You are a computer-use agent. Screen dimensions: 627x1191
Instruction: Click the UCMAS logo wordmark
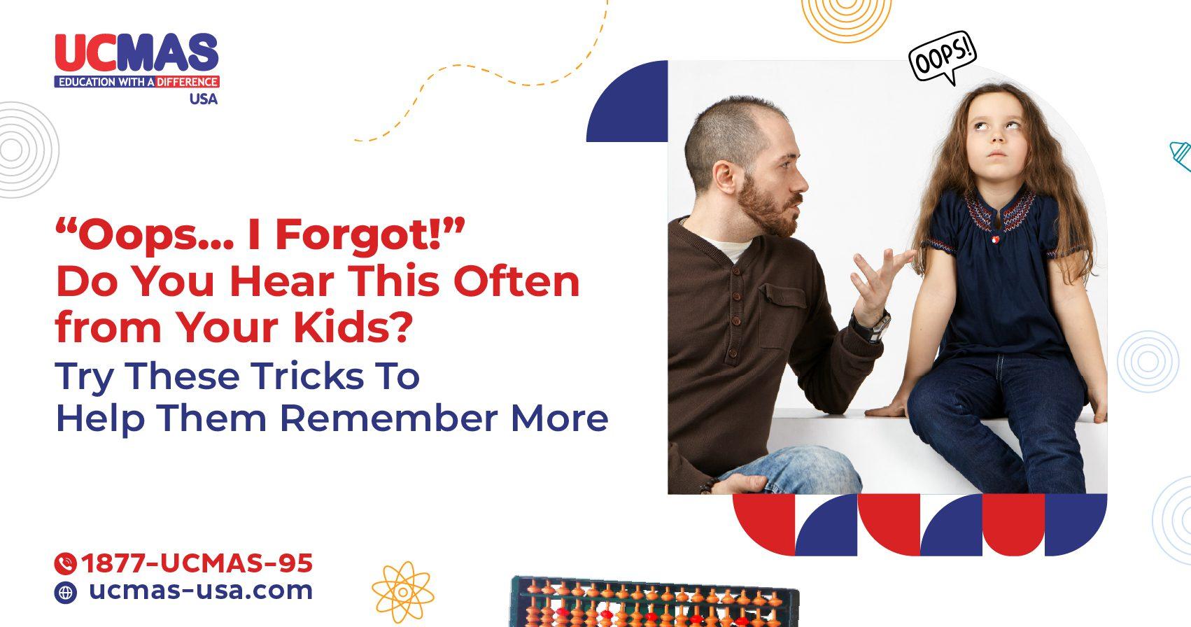pyautogui.click(x=136, y=53)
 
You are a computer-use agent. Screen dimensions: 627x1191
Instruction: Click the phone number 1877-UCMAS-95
pyautogui.click(x=197, y=563)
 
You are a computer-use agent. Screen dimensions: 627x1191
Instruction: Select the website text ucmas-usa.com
pyautogui.click(x=201, y=591)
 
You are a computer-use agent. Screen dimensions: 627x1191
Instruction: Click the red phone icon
pyautogui.click(x=65, y=563)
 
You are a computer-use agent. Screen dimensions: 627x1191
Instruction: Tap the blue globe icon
pyautogui.click(x=65, y=593)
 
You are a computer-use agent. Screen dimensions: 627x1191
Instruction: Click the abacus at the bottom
pyautogui.click(x=654, y=602)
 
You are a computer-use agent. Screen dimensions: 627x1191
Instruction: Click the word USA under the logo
pyautogui.click(x=203, y=99)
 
